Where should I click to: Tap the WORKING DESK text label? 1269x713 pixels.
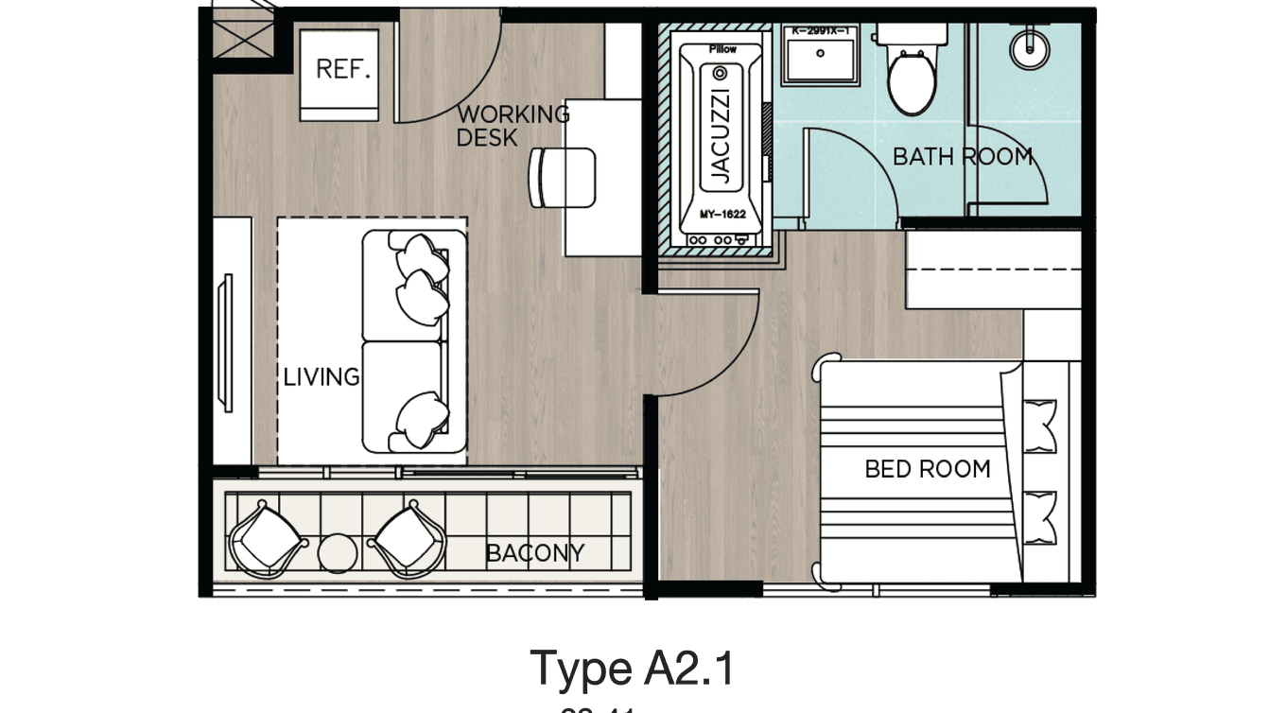point(512,126)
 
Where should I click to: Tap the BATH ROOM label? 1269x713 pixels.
point(962,156)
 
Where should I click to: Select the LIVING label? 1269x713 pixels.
point(322,377)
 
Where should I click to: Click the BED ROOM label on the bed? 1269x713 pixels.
point(927,468)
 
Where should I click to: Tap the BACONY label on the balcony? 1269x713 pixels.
point(534,552)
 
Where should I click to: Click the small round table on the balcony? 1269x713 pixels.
point(337,550)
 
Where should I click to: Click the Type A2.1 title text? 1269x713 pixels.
point(631,668)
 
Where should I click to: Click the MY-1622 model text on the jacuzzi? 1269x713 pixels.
point(722,215)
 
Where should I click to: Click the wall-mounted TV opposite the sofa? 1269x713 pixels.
point(227,341)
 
